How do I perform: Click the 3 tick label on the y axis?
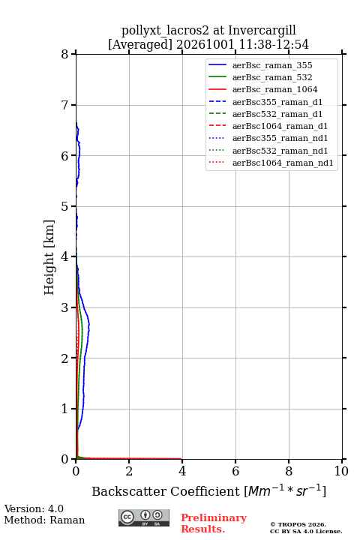coord(65,307)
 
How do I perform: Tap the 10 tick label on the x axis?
coord(341,471)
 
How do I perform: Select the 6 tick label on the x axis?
coord(235,471)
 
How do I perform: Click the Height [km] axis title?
coord(49,257)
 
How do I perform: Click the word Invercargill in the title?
coord(262,31)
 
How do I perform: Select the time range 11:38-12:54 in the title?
coord(272,45)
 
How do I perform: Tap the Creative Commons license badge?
coord(144,517)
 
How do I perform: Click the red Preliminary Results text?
coord(214,523)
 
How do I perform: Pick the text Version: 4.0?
coord(34,508)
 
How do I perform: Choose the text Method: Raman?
coord(44,520)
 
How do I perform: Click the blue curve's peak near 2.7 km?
coord(89,325)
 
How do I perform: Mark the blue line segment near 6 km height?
coord(79,156)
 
